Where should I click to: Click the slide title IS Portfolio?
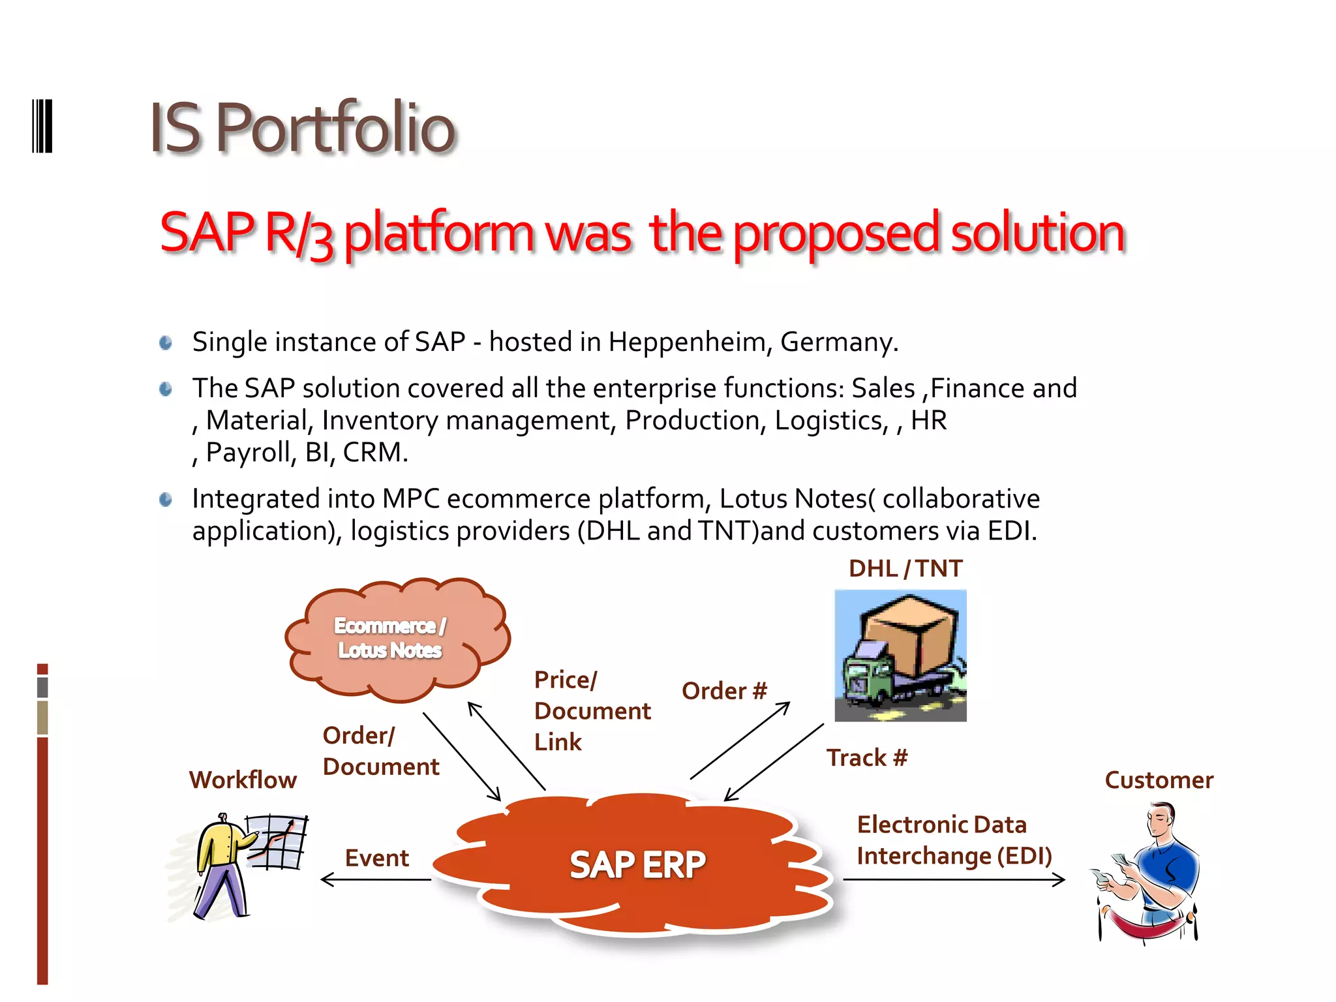coord(302,128)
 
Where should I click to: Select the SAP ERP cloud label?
coord(637,865)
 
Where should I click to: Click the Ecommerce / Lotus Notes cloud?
coord(391,638)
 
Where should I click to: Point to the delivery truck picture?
coord(900,656)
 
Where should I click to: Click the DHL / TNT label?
coord(905,569)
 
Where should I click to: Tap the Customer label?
coord(1159,780)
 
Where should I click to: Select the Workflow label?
coord(243,780)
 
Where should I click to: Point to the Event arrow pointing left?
coord(376,880)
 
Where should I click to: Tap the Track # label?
coord(867,758)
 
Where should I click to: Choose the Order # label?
coord(724,691)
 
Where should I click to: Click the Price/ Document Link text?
coord(592,711)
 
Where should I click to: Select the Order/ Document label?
coord(380,751)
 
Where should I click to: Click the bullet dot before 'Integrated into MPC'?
coord(166,500)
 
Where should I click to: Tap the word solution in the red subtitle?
coord(1038,233)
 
